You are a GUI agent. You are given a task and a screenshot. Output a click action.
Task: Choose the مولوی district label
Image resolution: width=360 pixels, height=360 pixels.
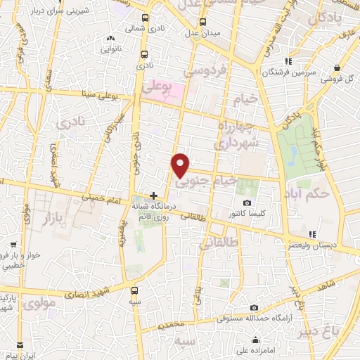(35, 304)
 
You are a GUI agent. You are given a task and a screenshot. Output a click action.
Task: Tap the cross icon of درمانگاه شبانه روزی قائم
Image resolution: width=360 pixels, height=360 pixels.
(154, 195)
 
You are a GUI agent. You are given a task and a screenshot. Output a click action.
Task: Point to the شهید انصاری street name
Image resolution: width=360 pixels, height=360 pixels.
(93, 292)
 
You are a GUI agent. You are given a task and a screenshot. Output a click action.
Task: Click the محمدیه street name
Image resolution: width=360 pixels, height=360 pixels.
(169, 326)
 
